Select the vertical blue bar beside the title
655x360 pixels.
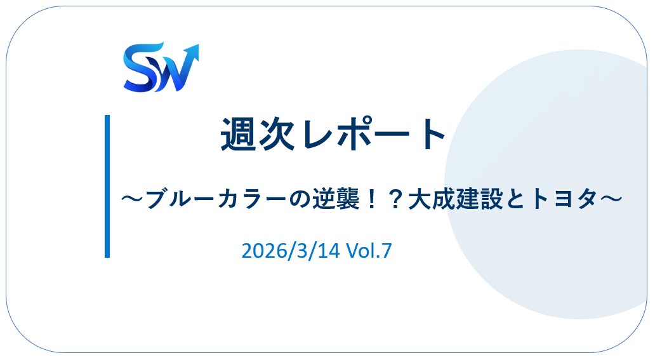click(107, 186)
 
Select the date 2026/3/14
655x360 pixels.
click(291, 251)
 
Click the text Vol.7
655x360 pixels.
click(369, 251)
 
